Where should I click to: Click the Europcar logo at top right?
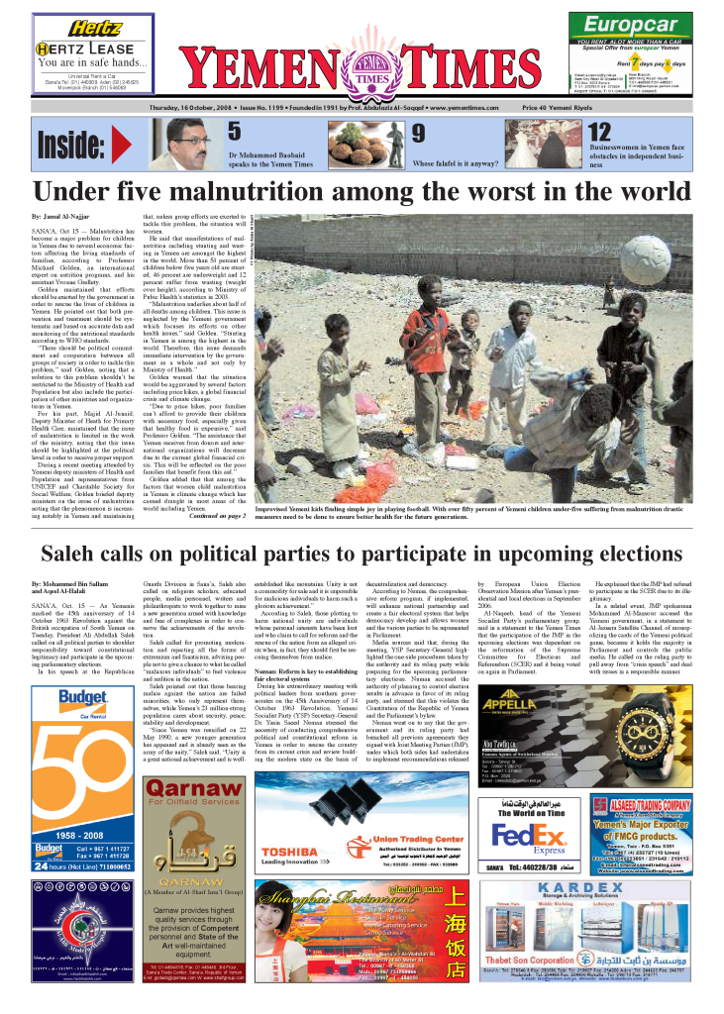point(630,25)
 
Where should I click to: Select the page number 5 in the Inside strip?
point(234,131)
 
